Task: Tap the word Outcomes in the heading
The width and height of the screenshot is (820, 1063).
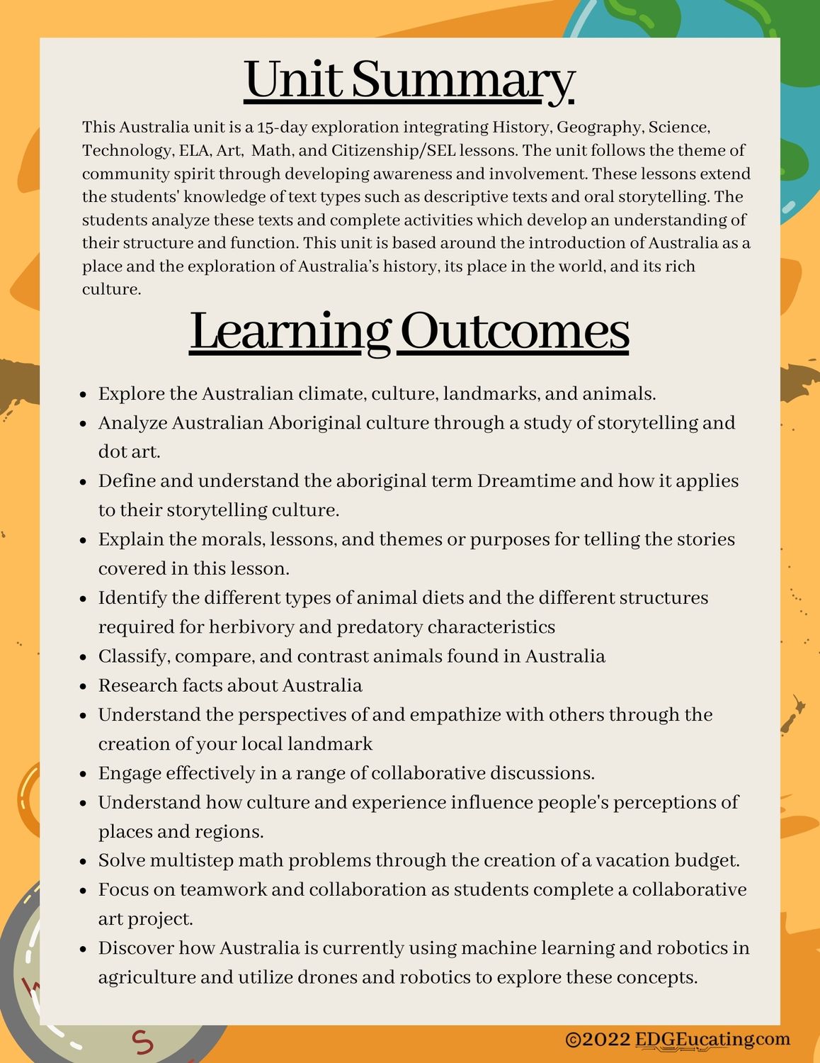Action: tap(515, 332)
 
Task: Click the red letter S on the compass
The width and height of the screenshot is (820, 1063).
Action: tap(144, 1041)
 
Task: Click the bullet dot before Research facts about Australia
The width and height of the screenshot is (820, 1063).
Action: tap(84, 687)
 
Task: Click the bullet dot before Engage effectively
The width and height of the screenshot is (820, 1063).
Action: tap(84, 774)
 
